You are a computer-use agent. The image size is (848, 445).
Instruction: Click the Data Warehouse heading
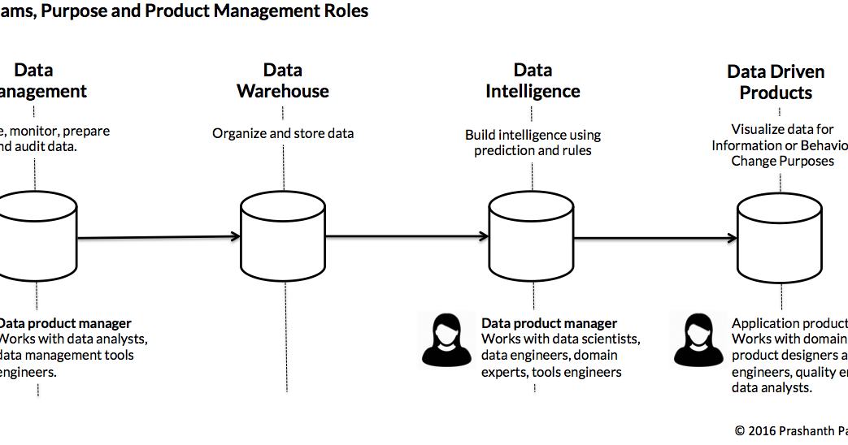coord(283,80)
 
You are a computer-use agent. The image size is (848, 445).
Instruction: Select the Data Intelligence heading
coord(533,80)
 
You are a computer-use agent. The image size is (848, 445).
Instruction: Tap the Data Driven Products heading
coord(776,82)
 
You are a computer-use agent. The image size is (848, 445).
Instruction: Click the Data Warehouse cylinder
coord(283,237)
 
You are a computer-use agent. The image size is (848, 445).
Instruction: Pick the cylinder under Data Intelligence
coord(533,237)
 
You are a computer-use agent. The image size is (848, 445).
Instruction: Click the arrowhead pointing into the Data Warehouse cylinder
coord(236,237)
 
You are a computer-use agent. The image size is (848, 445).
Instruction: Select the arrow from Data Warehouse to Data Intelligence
coord(407,237)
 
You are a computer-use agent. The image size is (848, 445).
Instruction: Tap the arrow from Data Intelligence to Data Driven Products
coord(654,238)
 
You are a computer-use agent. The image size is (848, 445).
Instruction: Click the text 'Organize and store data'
coord(283,133)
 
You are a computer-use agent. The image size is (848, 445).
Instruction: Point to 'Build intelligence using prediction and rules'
coord(533,142)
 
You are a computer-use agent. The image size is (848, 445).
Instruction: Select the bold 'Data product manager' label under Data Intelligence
coord(549,323)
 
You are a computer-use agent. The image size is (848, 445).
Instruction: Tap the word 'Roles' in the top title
coord(346,11)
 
